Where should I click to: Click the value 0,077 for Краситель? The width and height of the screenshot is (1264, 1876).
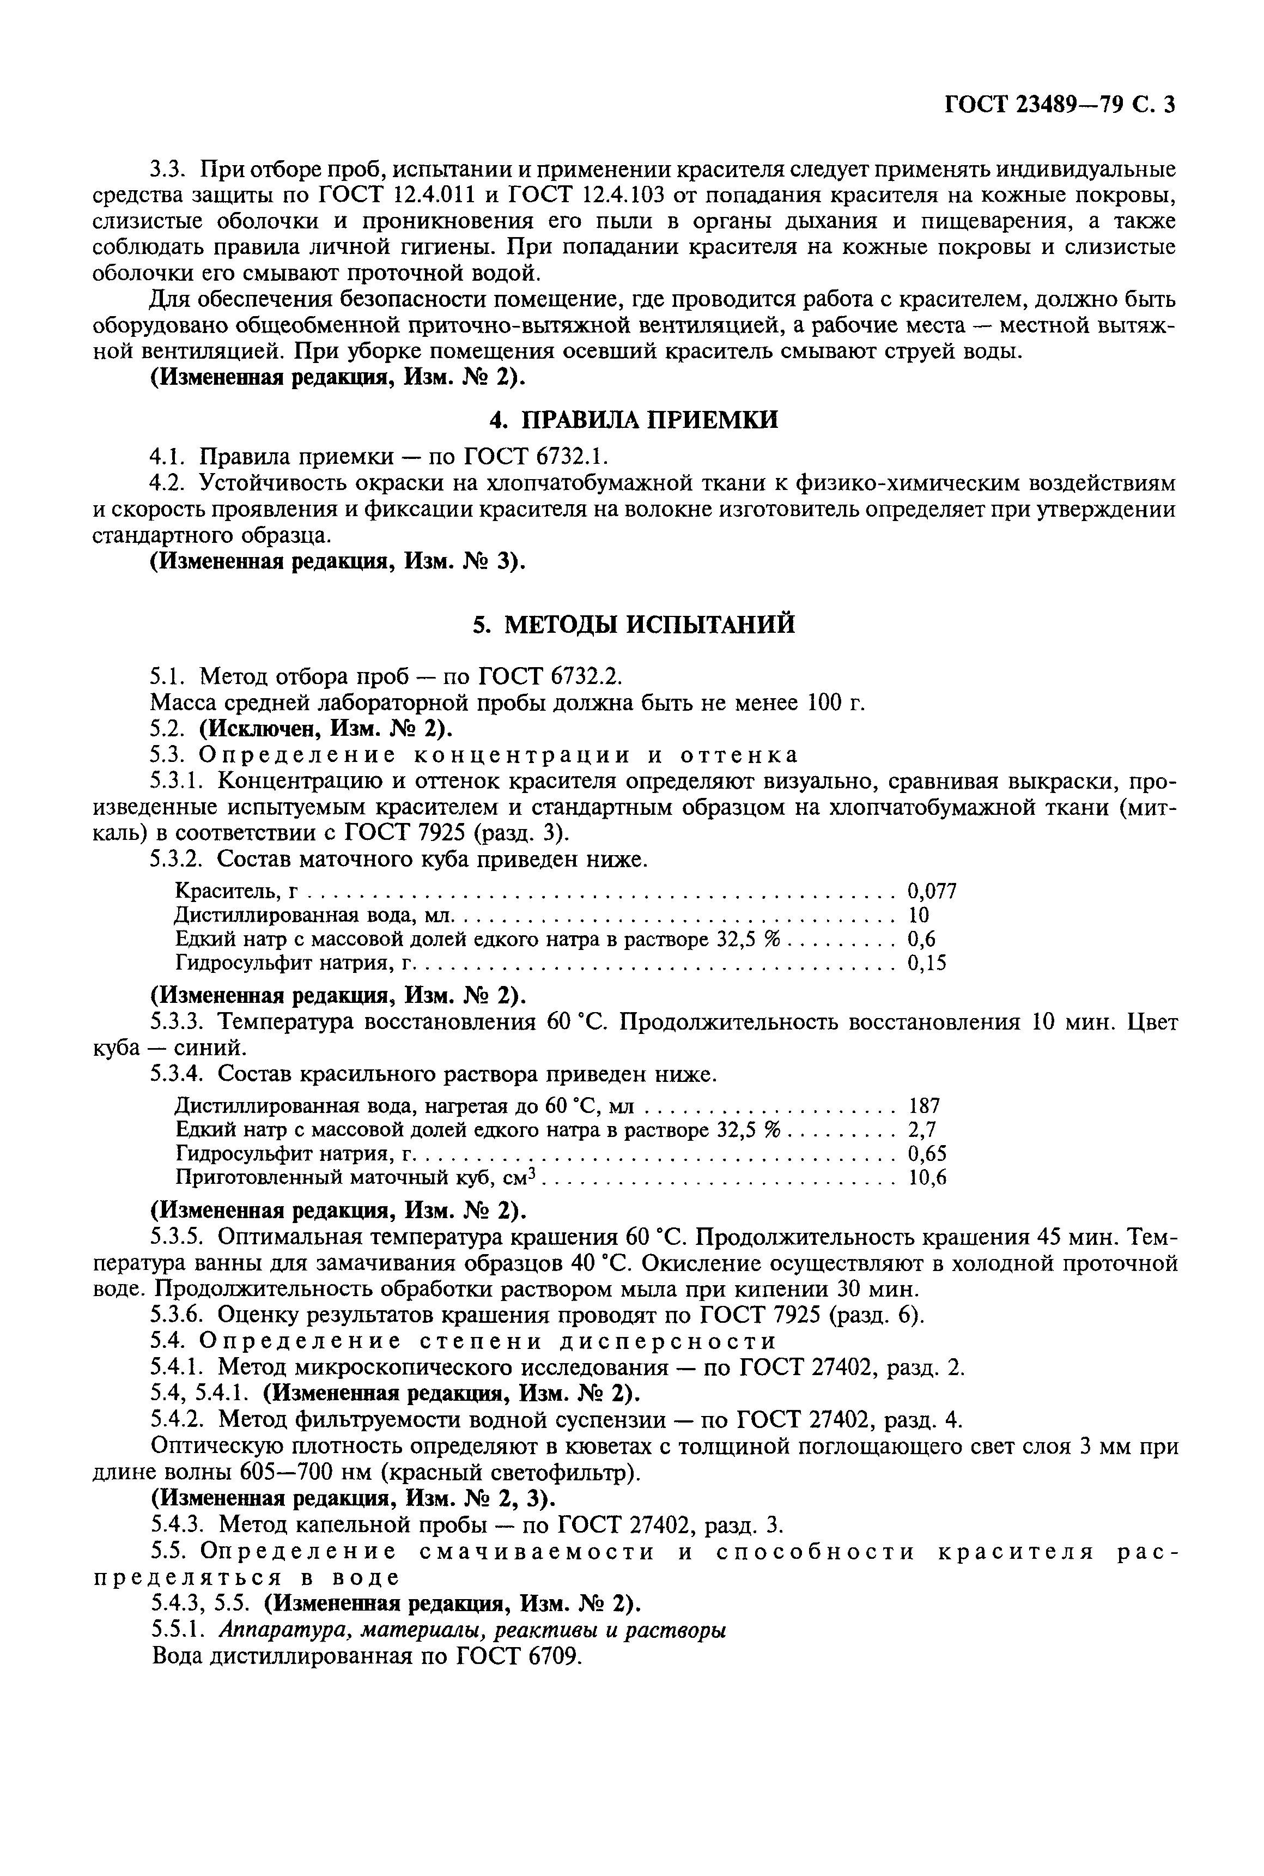(932, 891)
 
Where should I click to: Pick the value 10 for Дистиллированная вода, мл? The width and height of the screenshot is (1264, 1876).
(918, 915)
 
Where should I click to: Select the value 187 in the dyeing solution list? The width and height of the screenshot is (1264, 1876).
(924, 1105)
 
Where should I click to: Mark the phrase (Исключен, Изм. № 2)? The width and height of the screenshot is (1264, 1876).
(326, 728)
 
